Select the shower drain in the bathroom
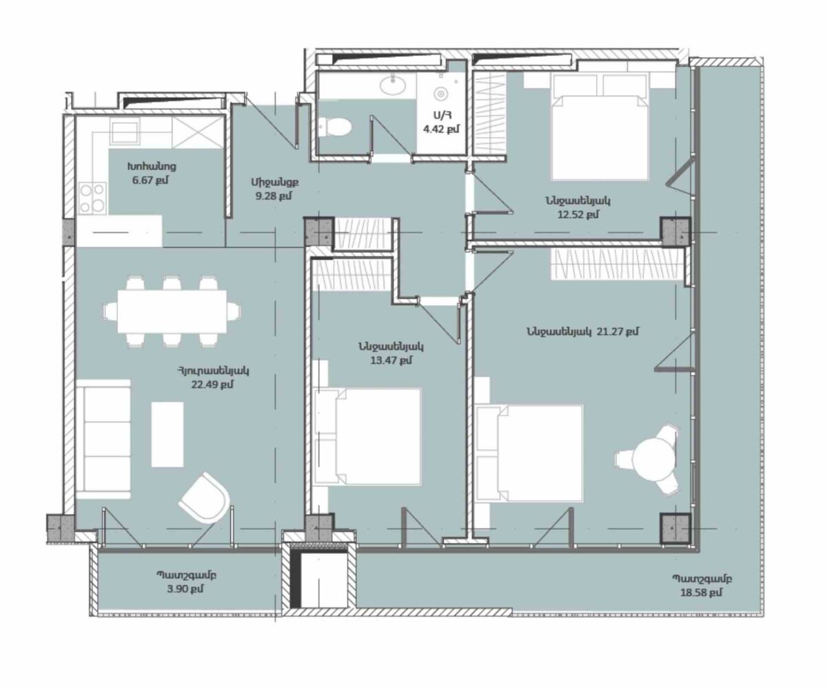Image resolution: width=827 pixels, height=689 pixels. point(440,94)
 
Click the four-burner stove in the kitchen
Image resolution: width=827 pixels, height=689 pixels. point(92,197)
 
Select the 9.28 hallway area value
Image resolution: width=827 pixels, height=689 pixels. point(274,196)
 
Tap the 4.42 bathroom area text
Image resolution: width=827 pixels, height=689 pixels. point(442,129)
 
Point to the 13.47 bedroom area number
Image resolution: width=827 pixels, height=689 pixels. point(391,360)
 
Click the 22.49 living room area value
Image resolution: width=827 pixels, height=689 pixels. point(212,384)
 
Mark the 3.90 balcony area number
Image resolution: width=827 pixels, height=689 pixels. point(185,600)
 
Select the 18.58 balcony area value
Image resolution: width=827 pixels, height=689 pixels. point(701,604)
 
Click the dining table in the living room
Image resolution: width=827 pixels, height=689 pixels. point(172,311)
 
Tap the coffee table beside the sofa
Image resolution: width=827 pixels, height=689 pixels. point(167,434)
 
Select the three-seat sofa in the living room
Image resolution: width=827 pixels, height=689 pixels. point(103,439)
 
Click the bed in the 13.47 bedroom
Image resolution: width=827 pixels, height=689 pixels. point(367,436)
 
